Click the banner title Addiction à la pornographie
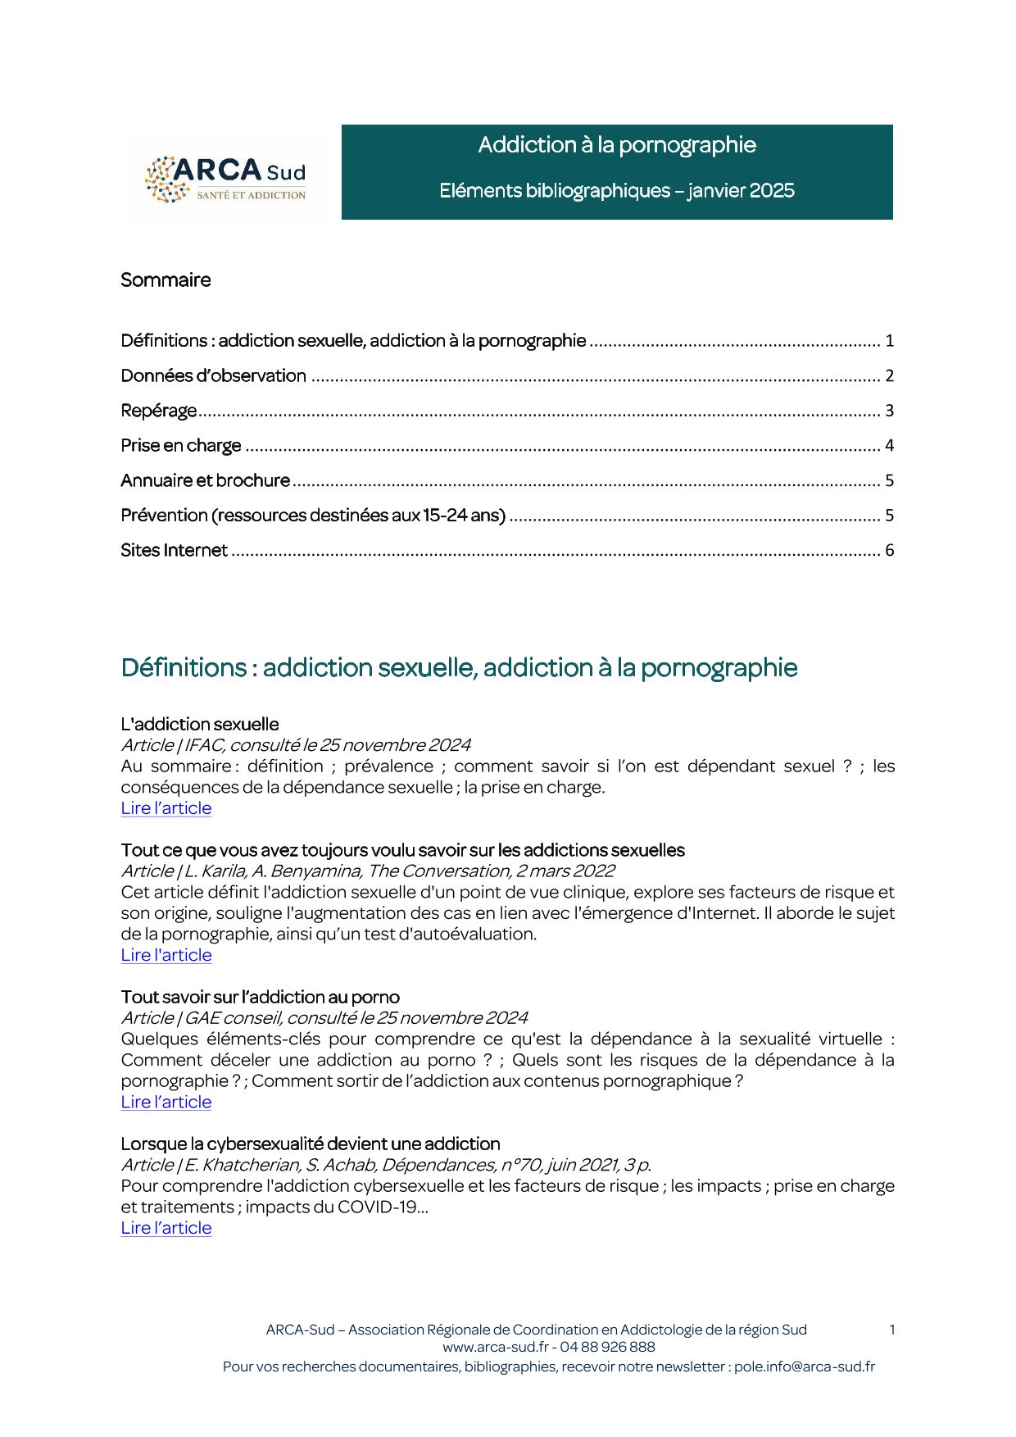point(616,145)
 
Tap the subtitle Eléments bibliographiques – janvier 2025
point(616,191)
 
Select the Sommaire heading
point(166,280)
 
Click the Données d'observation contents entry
point(213,376)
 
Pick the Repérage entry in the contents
point(159,411)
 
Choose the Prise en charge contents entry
point(181,446)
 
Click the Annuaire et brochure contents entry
point(205,480)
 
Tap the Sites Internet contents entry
point(174,551)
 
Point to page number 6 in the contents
point(889,551)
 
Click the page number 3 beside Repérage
point(889,411)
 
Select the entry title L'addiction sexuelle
point(200,725)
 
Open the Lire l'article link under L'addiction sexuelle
point(166,808)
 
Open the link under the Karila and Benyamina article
point(166,956)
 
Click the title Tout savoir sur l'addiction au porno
point(260,998)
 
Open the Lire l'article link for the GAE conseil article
point(166,1103)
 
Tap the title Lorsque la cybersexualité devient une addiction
point(310,1144)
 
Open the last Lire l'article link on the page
point(166,1229)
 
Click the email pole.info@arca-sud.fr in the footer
point(804,1367)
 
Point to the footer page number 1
point(891,1330)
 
